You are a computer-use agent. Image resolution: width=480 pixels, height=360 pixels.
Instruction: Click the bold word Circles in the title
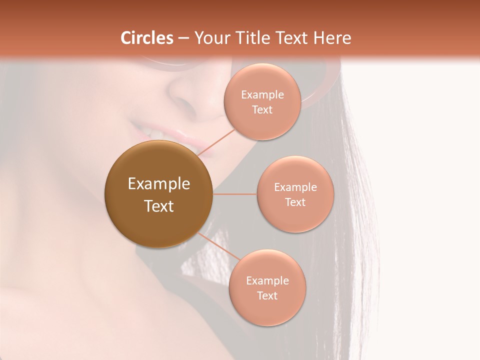coord(146,38)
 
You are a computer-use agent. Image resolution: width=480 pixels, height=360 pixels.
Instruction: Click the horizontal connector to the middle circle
coord(235,194)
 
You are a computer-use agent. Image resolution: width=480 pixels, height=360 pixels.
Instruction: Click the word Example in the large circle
coord(159,184)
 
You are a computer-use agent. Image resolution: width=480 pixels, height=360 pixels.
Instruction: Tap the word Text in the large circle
coord(159,206)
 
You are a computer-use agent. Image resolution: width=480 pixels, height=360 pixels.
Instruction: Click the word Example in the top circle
coord(262,95)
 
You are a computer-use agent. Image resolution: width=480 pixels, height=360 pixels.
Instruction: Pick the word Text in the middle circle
coord(295,202)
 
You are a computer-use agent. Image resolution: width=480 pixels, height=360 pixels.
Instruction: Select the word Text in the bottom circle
coord(267,295)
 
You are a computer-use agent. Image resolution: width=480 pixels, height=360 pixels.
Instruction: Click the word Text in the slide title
coord(291,38)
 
